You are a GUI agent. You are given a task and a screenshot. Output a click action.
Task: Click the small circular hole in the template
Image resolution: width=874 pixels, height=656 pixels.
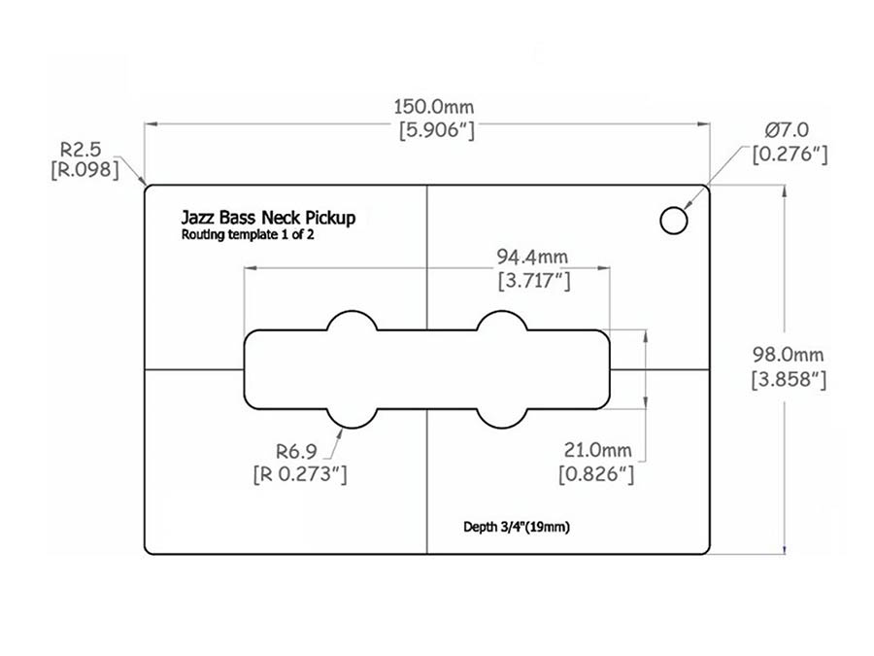click(x=673, y=220)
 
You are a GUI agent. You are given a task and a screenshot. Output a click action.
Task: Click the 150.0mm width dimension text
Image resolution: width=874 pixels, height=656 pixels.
click(x=436, y=107)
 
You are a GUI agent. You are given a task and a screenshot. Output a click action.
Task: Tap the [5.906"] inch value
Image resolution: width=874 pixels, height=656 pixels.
click(x=436, y=131)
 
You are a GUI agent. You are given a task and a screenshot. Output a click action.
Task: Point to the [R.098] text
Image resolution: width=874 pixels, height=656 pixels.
click(x=84, y=171)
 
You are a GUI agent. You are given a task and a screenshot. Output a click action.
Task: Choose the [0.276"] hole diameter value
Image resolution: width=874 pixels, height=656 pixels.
click(x=789, y=154)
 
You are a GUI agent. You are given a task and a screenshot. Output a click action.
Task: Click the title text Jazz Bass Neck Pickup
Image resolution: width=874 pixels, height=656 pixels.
click(x=268, y=218)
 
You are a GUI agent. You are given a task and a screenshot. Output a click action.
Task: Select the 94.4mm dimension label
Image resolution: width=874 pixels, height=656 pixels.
click(x=532, y=259)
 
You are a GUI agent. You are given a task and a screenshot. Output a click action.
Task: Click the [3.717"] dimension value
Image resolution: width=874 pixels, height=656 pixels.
click(x=532, y=282)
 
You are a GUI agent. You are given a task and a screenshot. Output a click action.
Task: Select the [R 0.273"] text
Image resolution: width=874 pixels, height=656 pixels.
click(x=298, y=474)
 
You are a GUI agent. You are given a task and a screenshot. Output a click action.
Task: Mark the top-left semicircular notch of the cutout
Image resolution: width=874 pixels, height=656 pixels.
click(x=352, y=322)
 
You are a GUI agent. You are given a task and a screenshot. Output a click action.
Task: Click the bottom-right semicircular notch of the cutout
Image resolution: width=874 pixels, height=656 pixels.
click(x=501, y=416)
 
